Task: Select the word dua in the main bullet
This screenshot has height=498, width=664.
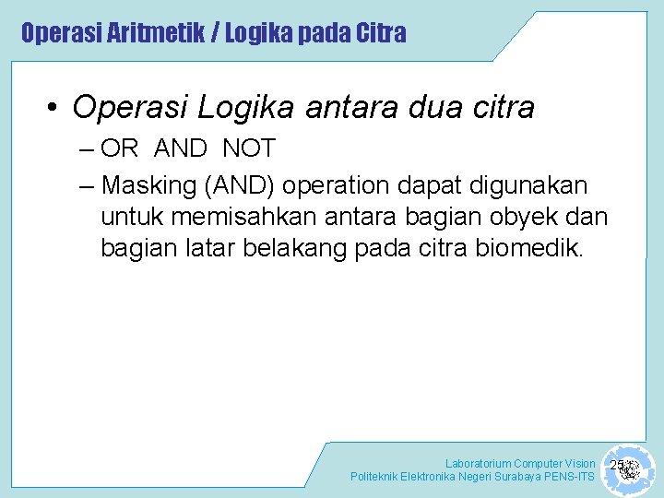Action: pyautogui.click(x=429, y=108)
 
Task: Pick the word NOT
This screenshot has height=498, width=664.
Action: pyautogui.click(x=248, y=148)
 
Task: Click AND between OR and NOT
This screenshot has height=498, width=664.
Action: pyautogui.click(x=181, y=148)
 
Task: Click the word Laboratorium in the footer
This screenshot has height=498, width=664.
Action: pyautogui.click(x=478, y=463)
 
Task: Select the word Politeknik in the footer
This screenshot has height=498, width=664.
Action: pyautogui.click(x=373, y=477)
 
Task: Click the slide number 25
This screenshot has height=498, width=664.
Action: pyautogui.click(x=618, y=465)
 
